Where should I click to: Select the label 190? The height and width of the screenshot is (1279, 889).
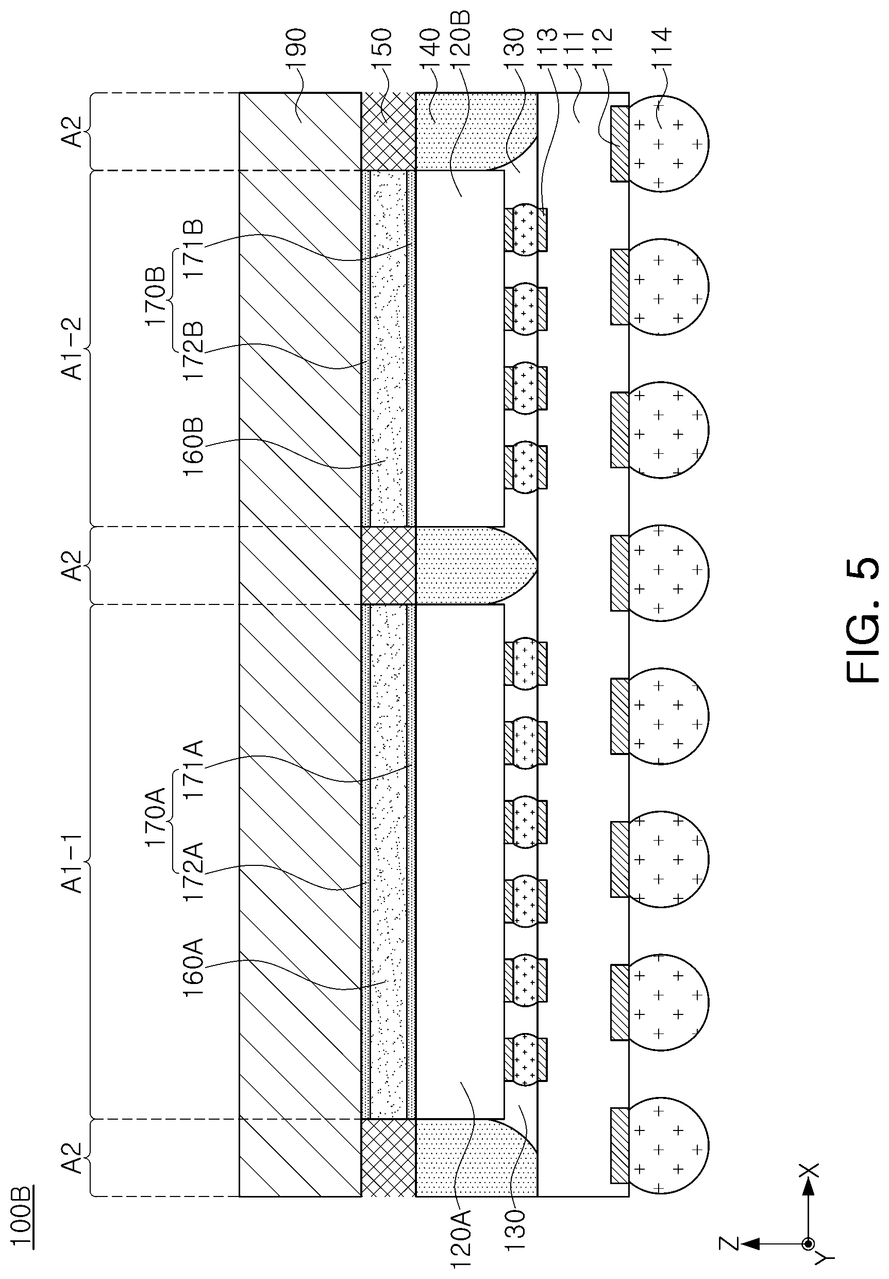pos(295,50)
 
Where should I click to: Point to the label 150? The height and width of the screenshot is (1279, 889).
pos(382,50)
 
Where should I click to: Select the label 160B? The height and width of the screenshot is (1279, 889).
pos(194,446)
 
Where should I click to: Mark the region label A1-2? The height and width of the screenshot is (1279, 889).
pos(72,349)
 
